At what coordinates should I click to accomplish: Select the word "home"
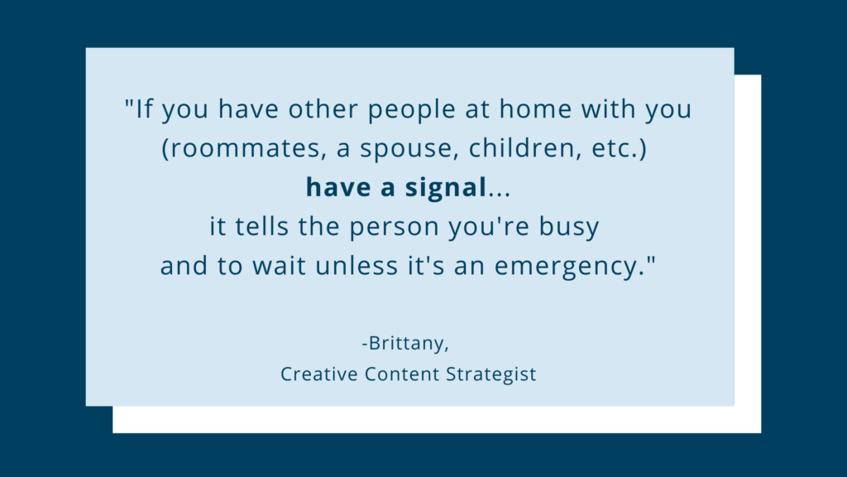535,108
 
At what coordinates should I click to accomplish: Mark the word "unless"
357,266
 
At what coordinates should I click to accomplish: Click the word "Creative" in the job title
318,373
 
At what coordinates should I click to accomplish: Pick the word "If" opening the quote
144,108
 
